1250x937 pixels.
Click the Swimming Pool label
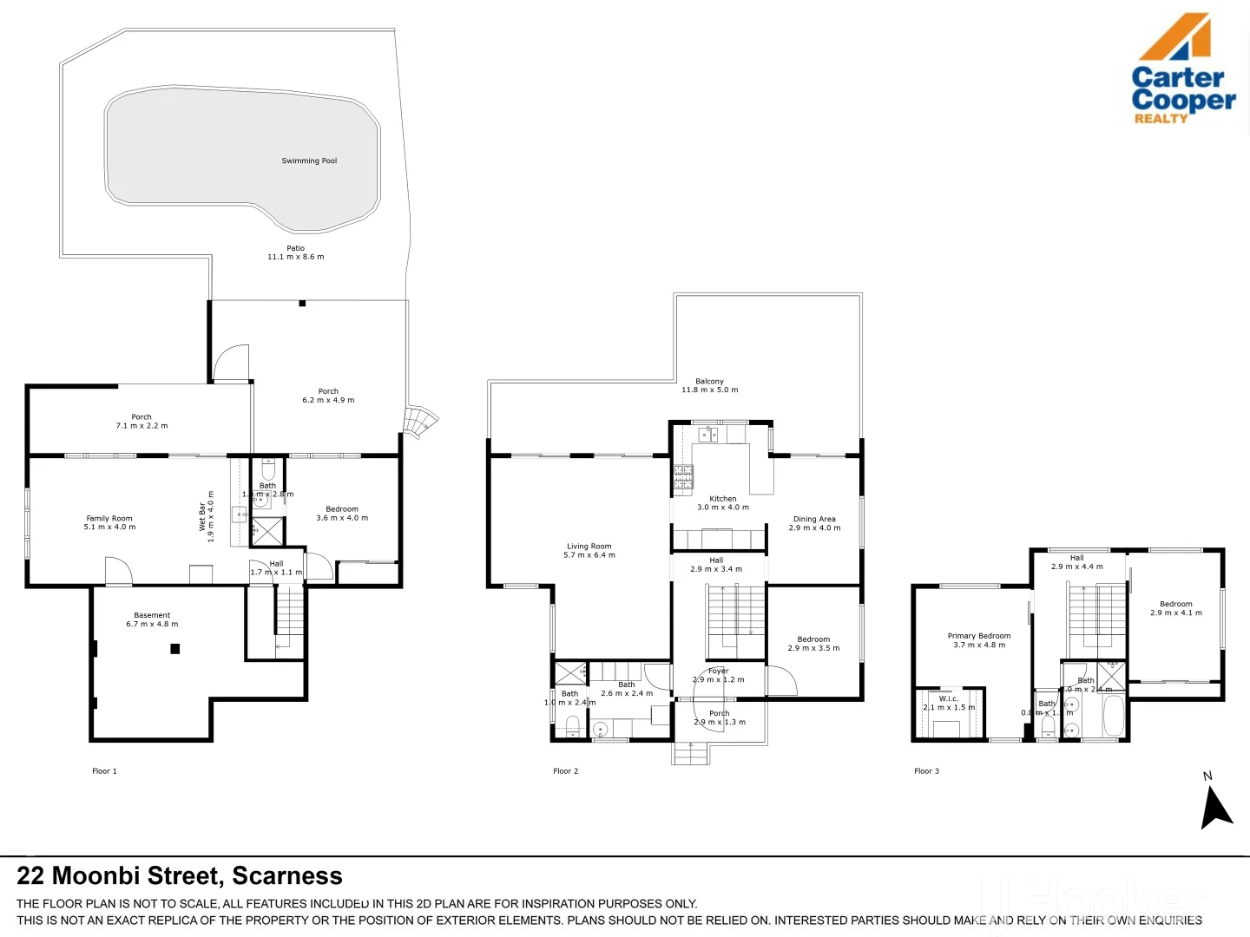pyautogui.click(x=309, y=161)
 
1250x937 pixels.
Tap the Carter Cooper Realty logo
pyautogui.click(x=1182, y=69)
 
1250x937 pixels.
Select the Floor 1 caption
pyautogui.click(x=104, y=770)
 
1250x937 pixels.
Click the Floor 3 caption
pyautogui.click(x=926, y=770)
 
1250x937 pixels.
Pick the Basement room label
pyautogui.click(x=152, y=615)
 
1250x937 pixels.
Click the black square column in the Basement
pyautogui.click(x=175, y=648)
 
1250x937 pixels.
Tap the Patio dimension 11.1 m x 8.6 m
pyautogui.click(x=295, y=257)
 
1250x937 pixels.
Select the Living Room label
pyautogui.click(x=589, y=547)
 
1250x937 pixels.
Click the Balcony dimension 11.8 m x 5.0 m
pyautogui.click(x=709, y=390)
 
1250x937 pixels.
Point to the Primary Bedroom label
pyautogui.click(x=978, y=636)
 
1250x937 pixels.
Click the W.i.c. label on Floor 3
pyautogui.click(x=948, y=698)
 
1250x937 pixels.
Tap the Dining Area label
pyautogui.click(x=814, y=519)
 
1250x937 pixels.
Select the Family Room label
pyautogui.click(x=109, y=518)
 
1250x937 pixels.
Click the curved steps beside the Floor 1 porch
pyautogui.click(x=421, y=422)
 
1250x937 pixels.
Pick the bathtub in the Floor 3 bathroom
pyautogui.click(x=1113, y=717)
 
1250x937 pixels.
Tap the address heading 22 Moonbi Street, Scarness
pyautogui.click(x=180, y=875)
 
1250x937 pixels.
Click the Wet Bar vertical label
pyautogui.click(x=202, y=516)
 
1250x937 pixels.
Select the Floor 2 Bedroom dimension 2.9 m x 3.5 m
pyautogui.click(x=813, y=648)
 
